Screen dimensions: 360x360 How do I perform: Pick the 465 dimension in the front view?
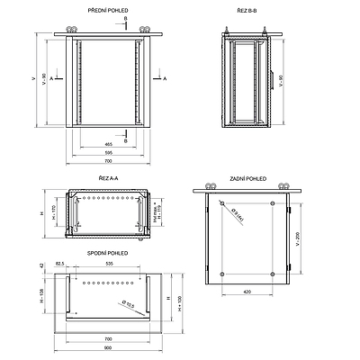pos(109,144)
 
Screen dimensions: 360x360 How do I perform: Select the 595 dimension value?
pos(108,153)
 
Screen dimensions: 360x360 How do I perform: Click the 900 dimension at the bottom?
pos(109,348)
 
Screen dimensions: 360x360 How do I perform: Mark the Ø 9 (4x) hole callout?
pos(240,213)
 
